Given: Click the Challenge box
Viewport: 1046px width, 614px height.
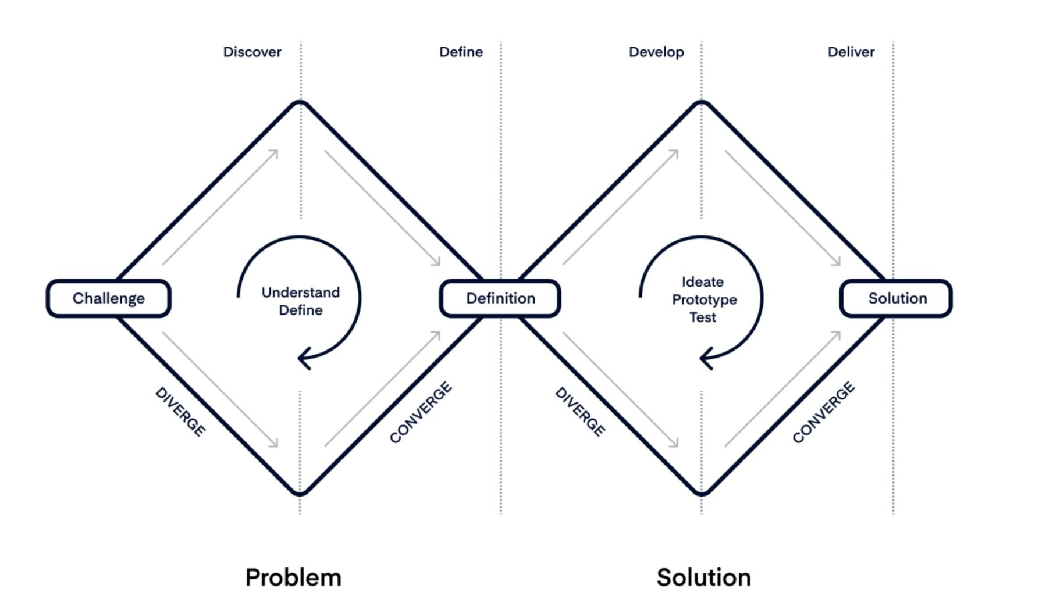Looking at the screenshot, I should click(x=108, y=298).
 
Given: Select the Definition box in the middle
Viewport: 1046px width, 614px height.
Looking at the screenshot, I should click(x=500, y=298).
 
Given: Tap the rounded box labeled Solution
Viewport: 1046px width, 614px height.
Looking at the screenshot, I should click(x=896, y=298).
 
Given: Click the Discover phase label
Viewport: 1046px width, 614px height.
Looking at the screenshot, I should click(x=252, y=52).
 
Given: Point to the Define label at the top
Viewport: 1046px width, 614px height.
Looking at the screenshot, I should click(x=461, y=52).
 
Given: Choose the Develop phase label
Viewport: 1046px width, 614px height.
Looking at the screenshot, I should click(x=656, y=52).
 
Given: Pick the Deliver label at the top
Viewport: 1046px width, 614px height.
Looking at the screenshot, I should click(x=851, y=52).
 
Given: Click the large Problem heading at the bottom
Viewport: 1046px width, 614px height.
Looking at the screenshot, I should click(x=293, y=577).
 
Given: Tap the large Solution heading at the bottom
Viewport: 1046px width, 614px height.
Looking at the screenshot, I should click(x=703, y=577).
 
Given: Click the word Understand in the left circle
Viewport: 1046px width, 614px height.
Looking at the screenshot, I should click(x=300, y=292).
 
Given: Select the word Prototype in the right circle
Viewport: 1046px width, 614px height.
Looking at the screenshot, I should click(x=704, y=299).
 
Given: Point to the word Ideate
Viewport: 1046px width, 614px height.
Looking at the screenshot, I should click(x=702, y=282).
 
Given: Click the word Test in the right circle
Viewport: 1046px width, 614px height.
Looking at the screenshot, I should click(x=702, y=317).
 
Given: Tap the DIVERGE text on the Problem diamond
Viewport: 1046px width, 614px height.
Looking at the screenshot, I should click(x=180, y=412).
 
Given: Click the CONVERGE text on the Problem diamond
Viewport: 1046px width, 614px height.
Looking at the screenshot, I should click(x=421, y=412).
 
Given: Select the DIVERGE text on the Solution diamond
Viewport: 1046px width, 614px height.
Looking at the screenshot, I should click(x=580, y=412).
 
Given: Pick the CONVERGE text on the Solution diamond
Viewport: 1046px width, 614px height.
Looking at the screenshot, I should click(x=823, y=412).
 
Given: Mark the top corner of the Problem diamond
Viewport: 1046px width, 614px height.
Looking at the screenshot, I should click(x=300, y=103).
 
